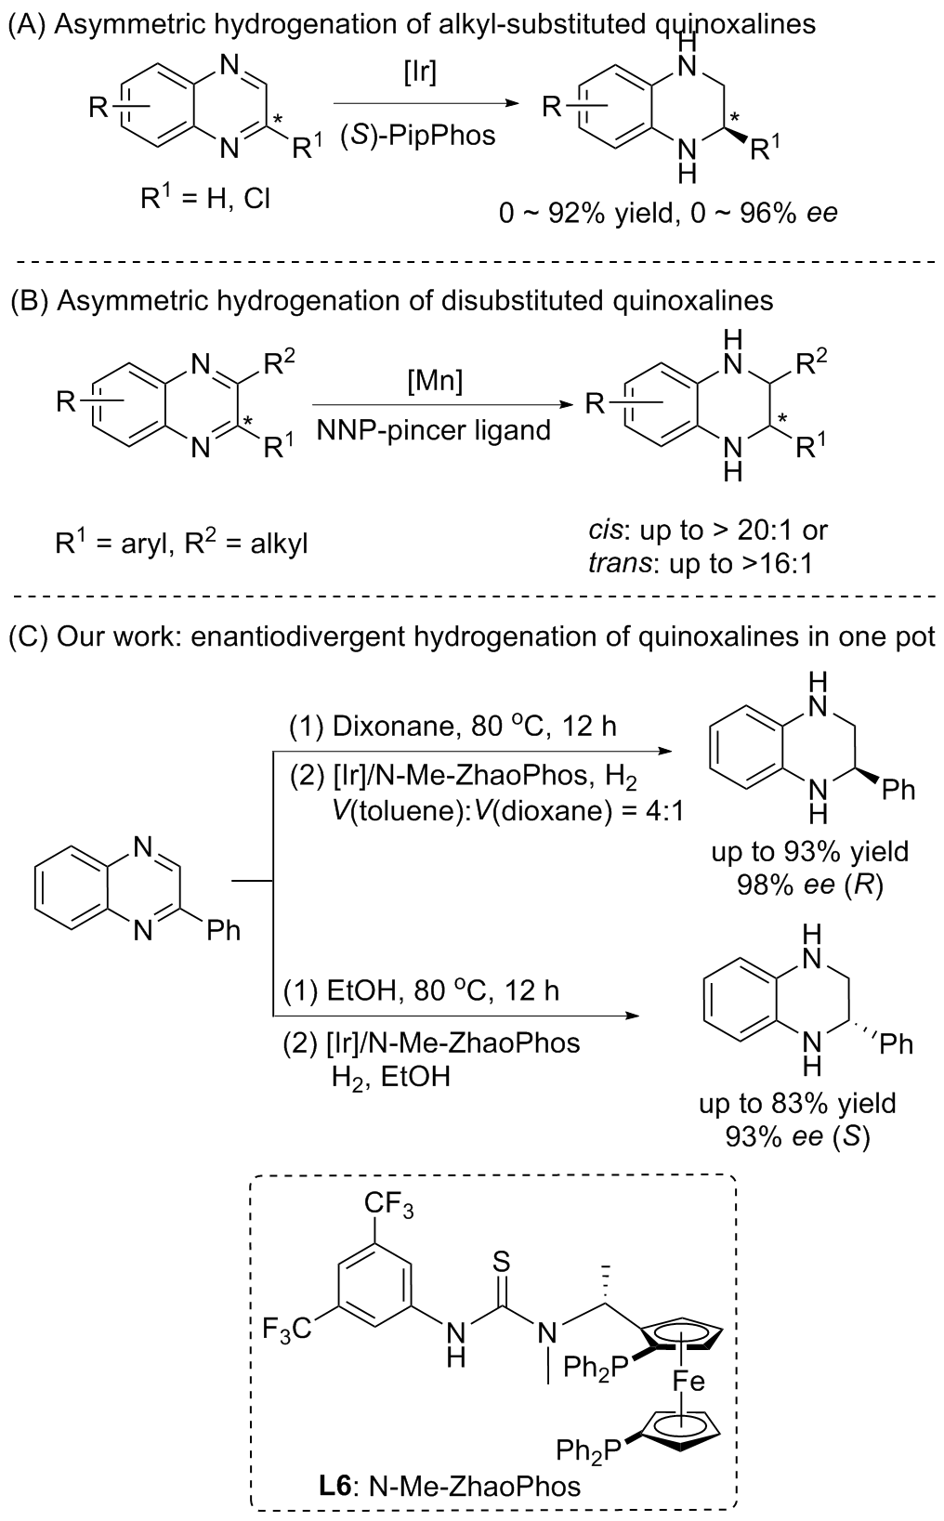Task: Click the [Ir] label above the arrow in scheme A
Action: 420,72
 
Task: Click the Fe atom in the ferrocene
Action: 688,1382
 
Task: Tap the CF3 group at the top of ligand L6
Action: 388,1207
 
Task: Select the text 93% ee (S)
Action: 797,1136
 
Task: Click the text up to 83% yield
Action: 797,1104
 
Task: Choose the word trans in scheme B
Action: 612,562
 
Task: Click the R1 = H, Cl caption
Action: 205,198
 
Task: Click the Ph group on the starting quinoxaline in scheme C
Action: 223,930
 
